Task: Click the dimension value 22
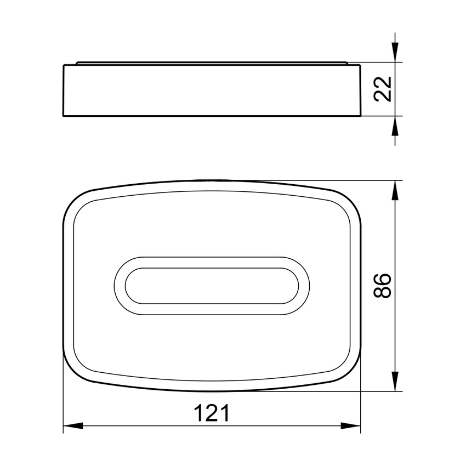(x=384, y=89)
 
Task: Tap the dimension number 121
(x=212, y=413)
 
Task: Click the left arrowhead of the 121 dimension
(x=72, y=425)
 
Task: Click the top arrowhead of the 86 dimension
(x=395, y=189)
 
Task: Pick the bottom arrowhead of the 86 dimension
(x=395, y=382)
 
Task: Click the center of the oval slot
(x=212, y=286)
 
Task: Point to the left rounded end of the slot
(x=122, y=286)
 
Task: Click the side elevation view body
(x=212, y=91)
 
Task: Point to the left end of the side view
(x=64, y=90)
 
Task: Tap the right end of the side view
(x=360, y=90)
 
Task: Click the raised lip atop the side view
(x=212, y=63)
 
